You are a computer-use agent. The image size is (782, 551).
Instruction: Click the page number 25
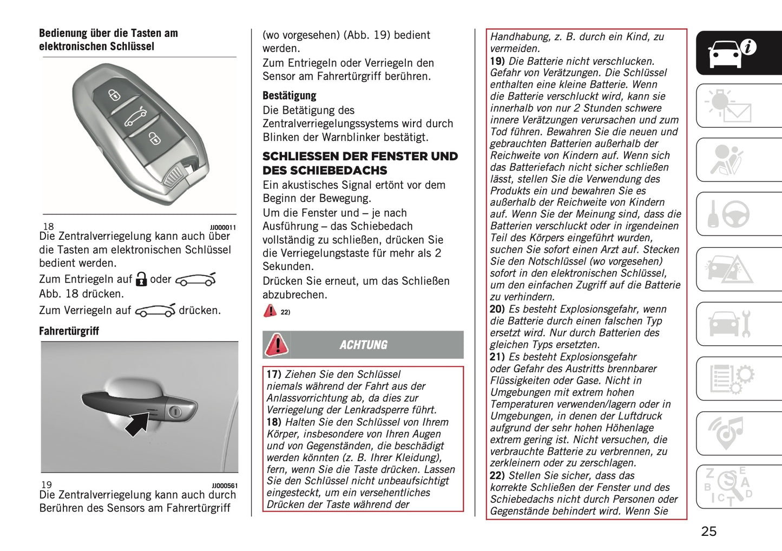(708, 531)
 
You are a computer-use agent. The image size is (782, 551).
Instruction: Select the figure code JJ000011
(223, 228)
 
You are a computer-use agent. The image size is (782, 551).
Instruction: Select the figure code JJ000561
(224, 486)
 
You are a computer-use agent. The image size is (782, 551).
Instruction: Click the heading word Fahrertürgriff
(69, 331)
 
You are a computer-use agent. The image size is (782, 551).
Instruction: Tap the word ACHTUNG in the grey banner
(363, 345)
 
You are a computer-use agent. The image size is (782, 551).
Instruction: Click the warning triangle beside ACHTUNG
(276, 345)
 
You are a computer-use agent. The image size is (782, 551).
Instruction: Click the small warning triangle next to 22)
(270, 311)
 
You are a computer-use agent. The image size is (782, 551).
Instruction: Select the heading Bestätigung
(289, 96)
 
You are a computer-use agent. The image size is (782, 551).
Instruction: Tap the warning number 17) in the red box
(274, 374)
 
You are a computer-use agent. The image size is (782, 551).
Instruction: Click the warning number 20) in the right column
(497, 309)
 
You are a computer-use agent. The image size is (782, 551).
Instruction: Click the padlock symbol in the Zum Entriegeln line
(141, 279)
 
